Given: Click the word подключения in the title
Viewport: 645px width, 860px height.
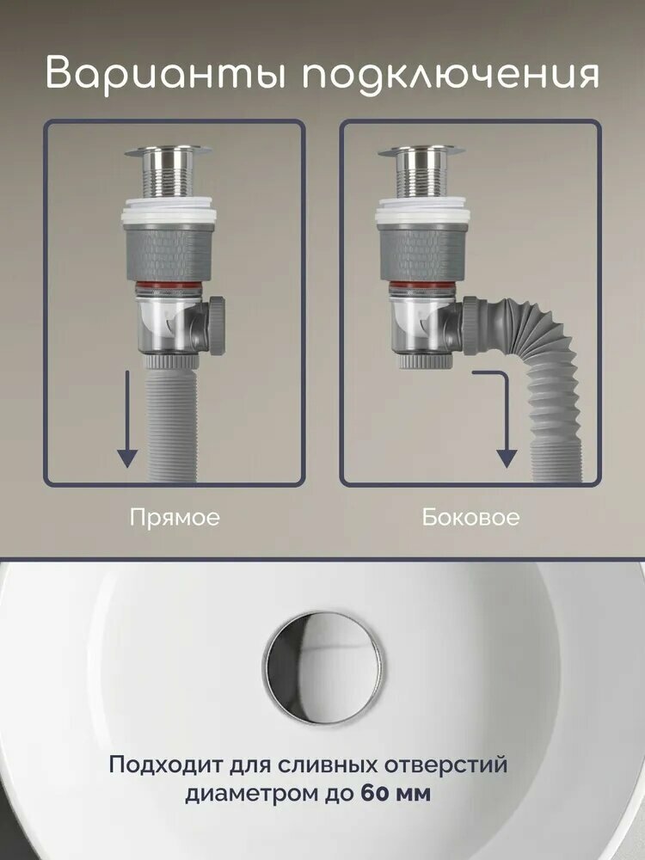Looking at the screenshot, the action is (451, 72).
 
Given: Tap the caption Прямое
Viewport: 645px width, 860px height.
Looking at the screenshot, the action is (175, 517).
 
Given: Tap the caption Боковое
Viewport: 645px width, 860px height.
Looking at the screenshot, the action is (470, 517).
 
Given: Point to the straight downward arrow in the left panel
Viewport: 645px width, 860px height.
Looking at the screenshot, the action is (127, 419).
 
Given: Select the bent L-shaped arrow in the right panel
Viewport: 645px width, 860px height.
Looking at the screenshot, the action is (506, 417).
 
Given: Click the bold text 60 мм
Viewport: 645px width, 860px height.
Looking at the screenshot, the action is (396, 793).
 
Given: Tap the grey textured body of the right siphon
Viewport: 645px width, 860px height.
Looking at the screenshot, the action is (421, 252).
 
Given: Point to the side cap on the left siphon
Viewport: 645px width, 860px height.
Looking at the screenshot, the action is (217, 325).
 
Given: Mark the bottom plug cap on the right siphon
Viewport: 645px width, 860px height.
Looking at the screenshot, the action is (427, 361).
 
